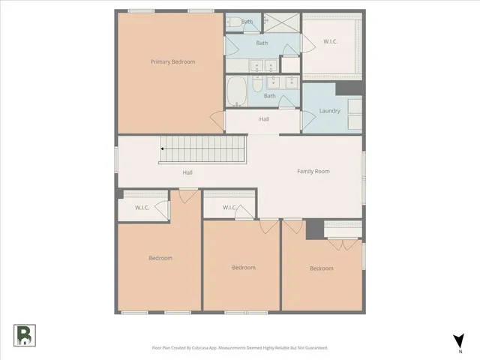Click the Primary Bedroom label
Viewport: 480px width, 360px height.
coord(172,61)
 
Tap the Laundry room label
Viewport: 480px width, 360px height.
coord(329,111)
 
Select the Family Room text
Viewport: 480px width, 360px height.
coord(313,172)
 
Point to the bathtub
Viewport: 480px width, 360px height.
coord(237,92)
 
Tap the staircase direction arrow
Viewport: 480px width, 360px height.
coord(163,149)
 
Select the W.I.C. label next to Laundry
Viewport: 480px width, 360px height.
coord(330,42)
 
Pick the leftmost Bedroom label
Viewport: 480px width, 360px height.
coord(160,258)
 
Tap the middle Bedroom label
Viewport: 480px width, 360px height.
coord(243,268)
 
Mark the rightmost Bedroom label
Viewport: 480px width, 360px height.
coord(322,268)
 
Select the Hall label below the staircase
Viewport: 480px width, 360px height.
coord(187,172)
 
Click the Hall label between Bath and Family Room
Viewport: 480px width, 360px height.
coord(264,118)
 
